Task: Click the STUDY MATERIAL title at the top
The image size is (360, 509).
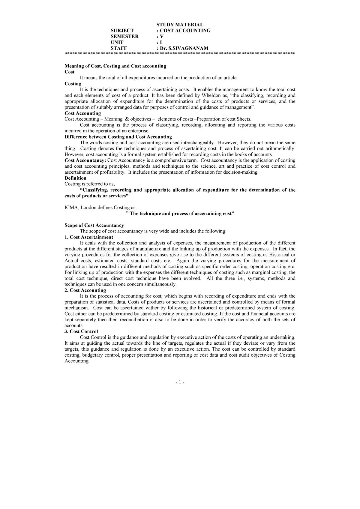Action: click(x=180, y=25)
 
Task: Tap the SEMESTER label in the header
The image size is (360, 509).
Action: click(x=124, y=37)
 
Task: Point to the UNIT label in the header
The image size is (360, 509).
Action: click(x=117, y=43)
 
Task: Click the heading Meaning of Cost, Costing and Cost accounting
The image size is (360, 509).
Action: click(x=115, y=66)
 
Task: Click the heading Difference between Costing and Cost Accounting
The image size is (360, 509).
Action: click(x=118, y=137)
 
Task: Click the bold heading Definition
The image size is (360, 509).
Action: click(x=75, y=178)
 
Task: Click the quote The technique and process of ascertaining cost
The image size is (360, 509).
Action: click(x=179, y=214)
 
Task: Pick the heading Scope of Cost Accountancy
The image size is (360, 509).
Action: click(x=94, y=225)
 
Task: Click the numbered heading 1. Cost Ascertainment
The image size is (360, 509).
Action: click(x=89, y=237)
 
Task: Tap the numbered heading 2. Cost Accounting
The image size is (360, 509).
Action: click(x=85, y=290)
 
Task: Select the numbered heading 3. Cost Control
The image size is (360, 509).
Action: click(x=81, y=331)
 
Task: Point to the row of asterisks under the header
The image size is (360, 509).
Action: click(x=180, y=54)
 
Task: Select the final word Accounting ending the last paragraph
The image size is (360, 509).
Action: click(x=76, y=361)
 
